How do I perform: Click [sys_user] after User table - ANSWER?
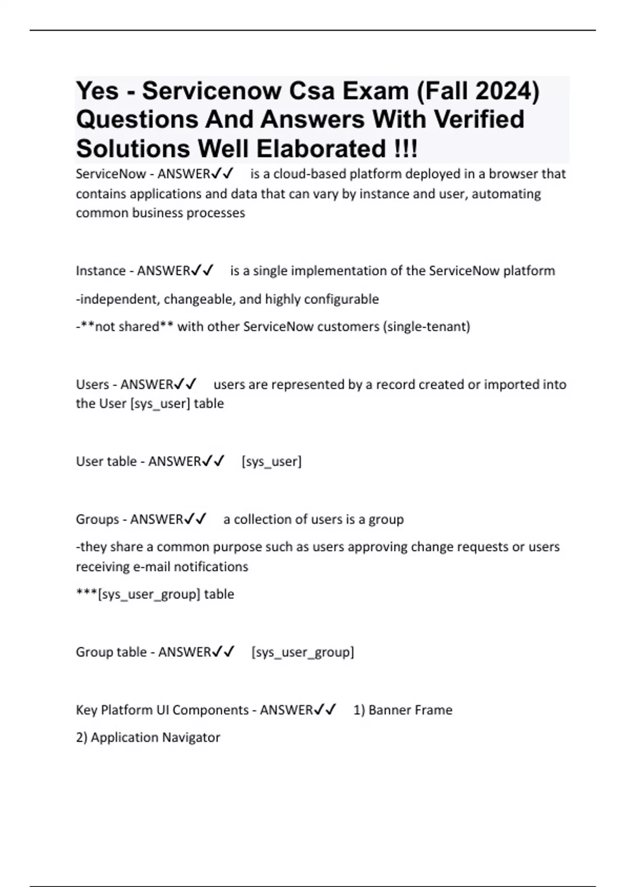pos(271,461)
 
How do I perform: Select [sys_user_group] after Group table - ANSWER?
pos(303,652)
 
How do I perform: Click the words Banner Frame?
pos(410,710)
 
